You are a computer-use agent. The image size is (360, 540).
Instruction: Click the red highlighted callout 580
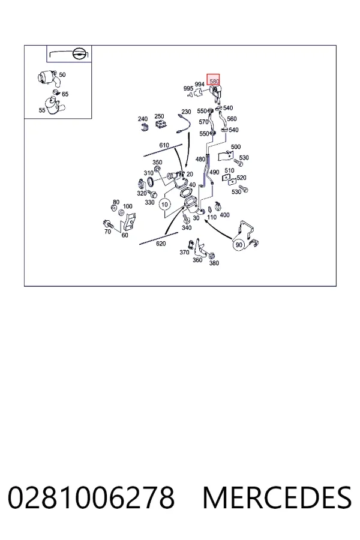pos(213,80)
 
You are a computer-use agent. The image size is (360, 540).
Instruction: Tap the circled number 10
pos(164,205)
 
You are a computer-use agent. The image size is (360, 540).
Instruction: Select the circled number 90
pos(239,245)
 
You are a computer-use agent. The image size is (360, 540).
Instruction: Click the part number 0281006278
pos(91,497)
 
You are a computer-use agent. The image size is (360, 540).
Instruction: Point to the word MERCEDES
pos(277,497)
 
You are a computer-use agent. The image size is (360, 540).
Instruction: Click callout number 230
pos(186,112)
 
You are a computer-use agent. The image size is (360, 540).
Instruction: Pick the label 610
pos(164,145)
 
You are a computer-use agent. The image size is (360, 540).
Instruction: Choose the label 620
pos(161,244)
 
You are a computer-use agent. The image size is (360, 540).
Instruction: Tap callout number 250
pos(159,116)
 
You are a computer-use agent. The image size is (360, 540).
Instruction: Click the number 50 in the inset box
pos(62,75)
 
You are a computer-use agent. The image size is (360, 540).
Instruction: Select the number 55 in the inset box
pos(42,110)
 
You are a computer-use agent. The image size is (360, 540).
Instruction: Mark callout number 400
pos(224,215)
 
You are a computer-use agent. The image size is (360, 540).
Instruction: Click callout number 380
pos(214,263)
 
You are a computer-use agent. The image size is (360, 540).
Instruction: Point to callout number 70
pos(108,232)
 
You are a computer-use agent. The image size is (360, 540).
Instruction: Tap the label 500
pos(236,147)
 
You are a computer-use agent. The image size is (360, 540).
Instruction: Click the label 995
pos(188,89)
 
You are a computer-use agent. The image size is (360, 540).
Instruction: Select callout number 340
pos(187,227)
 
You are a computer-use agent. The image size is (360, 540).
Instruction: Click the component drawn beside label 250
pos(159,125)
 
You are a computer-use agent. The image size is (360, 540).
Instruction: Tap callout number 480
pos(200,159)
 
